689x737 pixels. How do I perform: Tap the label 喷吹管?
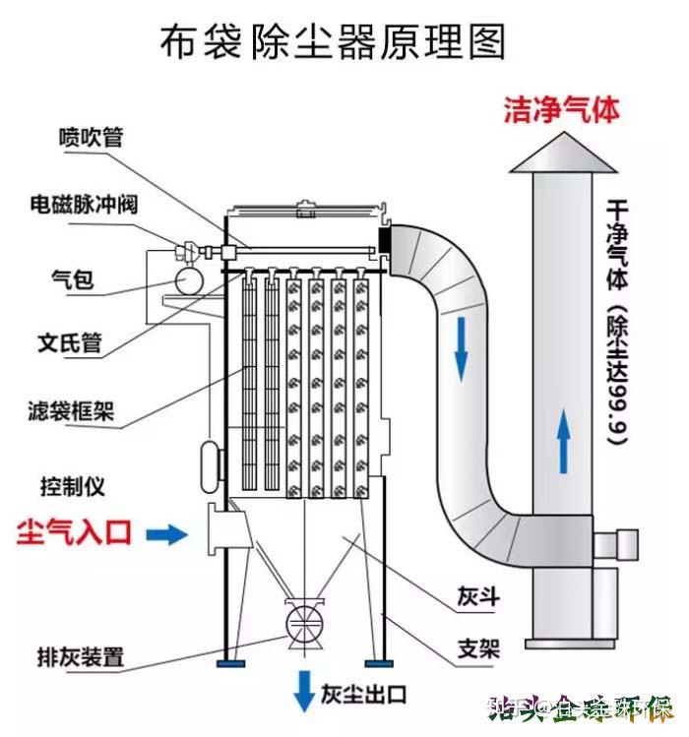click(x=91, y=137)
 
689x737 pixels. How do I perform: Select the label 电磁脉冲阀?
click(x=83, y=206)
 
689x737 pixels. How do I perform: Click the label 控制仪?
click(x=71, y=486)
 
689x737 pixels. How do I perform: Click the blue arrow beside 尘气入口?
click(x=165, y=534)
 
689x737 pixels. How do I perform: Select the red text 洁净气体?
click(x=562, y=109)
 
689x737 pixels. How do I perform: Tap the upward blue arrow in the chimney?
click(x=564, y=442)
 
